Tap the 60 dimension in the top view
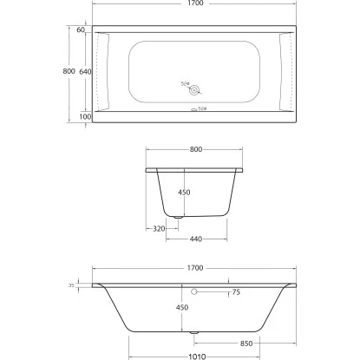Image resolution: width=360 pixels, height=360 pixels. click(81, 30)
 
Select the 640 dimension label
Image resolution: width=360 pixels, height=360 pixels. click(84, 71)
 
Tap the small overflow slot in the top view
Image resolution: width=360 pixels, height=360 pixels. click(193, 109)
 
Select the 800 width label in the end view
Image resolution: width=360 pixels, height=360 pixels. click(195, 149)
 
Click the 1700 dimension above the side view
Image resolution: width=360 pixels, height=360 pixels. click(195, 268)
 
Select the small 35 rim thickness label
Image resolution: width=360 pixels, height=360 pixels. click(70, 284)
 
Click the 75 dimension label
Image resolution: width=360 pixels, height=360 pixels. click(236, 292)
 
